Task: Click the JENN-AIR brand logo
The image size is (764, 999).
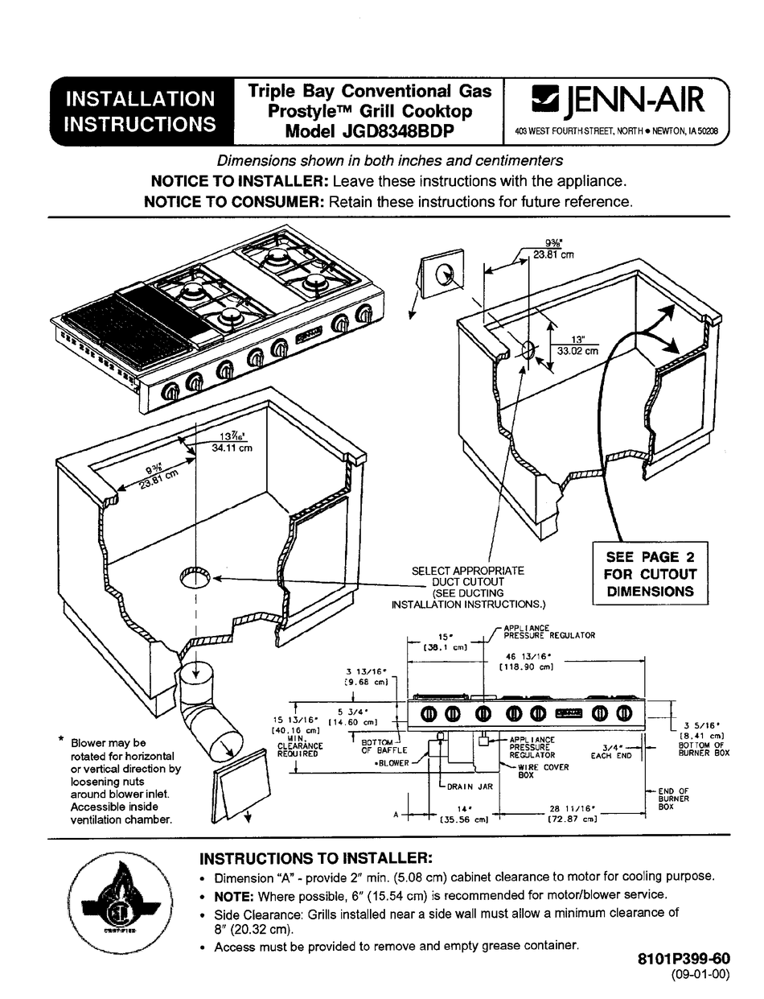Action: (614, 101)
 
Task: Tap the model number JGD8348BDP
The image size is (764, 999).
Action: (369, 131)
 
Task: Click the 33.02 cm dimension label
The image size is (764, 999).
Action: (579, 350)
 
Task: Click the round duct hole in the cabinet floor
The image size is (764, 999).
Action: (195, 577)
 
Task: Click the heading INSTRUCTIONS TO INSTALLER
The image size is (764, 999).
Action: (316, 857)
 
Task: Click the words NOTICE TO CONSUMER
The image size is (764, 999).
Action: (233, 202)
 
